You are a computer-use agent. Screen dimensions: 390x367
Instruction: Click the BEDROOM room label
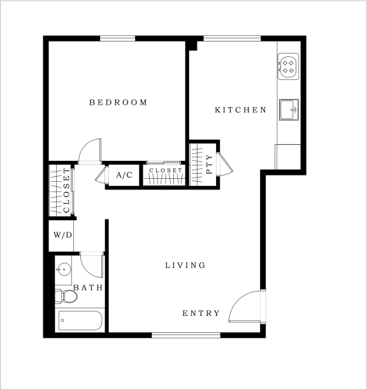point(118,102)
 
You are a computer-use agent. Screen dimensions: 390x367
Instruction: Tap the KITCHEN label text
point(240,110)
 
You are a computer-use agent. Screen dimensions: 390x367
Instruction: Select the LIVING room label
point(185,265)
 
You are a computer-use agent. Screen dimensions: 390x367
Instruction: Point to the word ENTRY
point(201,313)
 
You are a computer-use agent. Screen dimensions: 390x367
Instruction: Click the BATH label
point(88,288)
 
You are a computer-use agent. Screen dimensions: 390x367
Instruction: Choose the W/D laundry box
point(62,235)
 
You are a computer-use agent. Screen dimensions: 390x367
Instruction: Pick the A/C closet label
point(124,174)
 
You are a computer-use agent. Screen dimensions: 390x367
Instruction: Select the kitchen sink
point(289,109)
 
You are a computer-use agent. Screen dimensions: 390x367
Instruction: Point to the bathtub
point(80,320)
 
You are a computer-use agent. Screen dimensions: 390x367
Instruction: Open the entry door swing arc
point(245,306)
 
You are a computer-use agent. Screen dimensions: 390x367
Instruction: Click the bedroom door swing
point(90,153)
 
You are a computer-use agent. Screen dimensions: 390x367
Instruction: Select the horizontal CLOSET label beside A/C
point(165,171)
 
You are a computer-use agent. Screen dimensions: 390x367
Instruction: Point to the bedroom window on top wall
point(118,39)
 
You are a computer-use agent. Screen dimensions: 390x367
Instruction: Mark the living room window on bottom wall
point(186,334)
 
